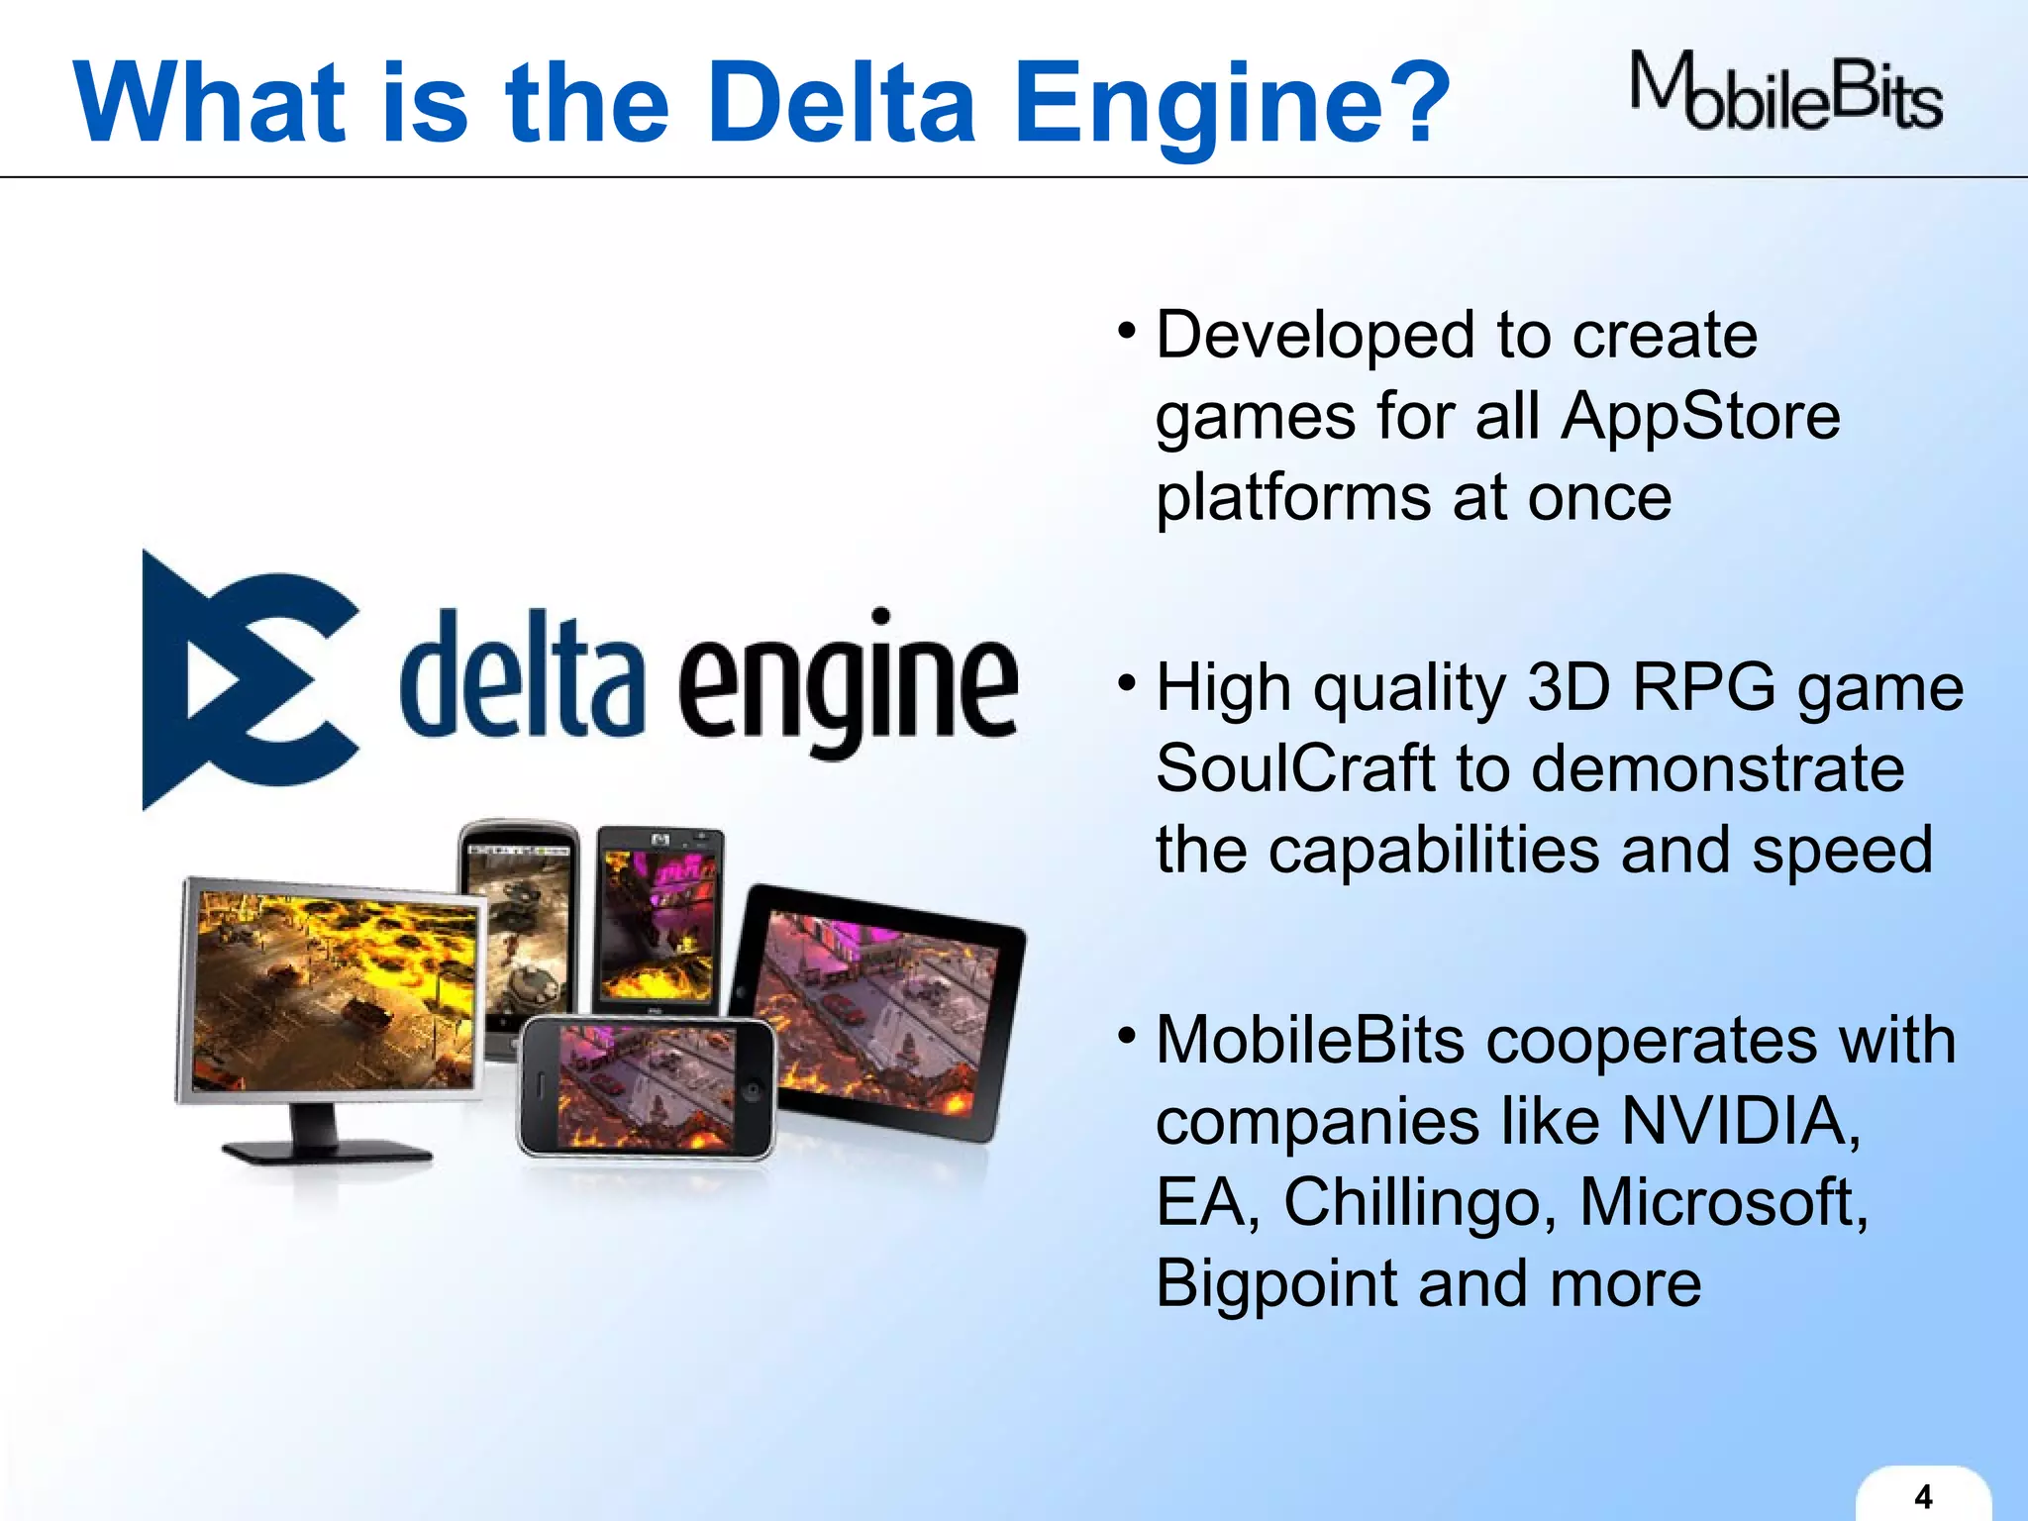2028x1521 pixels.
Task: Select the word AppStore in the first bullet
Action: (x=1700, y=416)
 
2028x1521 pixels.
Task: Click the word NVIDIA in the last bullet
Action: (x=1740, y=1121)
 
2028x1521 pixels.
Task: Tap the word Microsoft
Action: (x=1722, y=1202)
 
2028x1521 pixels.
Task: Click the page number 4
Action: (x=1923, y=1495)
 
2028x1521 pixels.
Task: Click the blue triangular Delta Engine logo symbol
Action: (x=248, y=680)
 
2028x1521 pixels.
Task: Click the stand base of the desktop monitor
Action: (x=327, y=1152)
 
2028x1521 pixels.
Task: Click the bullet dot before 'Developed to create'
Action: (x=1126, y=331)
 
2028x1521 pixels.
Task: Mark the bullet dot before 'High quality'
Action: (x=1126, y=683)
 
